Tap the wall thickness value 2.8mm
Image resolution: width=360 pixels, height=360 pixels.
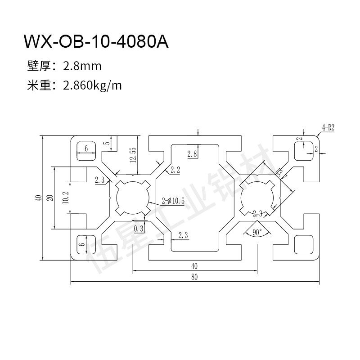[x=82, y=67]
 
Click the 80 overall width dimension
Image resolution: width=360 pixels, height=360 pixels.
[x=194, y=277]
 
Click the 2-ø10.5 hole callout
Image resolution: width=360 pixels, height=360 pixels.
[x=173, y=201]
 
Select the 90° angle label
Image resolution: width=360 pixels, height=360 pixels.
[x=257, y=233]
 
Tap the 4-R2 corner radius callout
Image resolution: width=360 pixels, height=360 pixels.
[x=328, y=127]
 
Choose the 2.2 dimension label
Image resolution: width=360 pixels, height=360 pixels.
[x=175, y=170]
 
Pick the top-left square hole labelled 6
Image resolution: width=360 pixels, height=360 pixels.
[x=86, y=150]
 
